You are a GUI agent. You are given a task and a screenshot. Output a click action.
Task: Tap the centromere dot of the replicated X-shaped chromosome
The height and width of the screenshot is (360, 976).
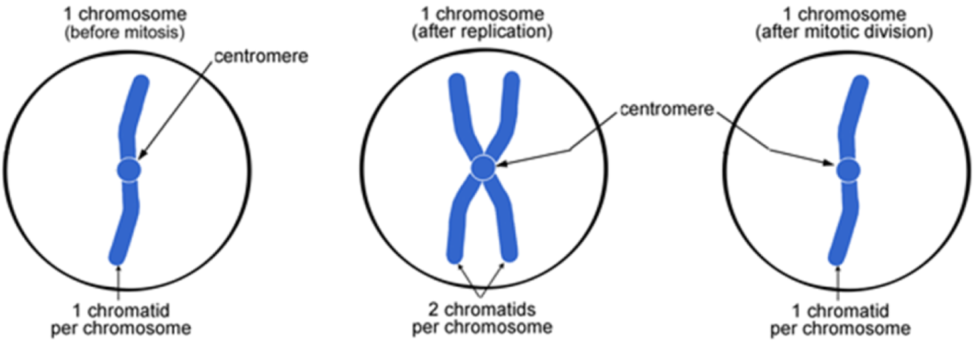point(482,168)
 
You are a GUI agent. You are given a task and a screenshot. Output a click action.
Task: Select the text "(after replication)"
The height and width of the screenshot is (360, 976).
point(482,32)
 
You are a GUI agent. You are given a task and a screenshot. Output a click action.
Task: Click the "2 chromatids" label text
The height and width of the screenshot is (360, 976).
point(483,308)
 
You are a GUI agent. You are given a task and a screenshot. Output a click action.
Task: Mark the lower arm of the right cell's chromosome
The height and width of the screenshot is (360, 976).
point(844,227)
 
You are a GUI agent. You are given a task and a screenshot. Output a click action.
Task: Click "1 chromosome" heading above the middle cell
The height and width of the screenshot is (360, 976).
point(482,14)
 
